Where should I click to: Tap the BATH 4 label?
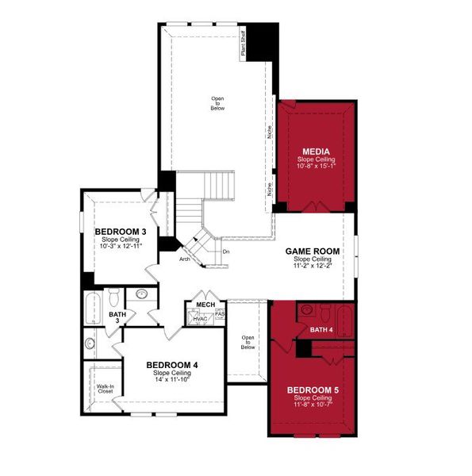321,329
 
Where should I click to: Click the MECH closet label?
205,304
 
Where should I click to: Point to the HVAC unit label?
200,319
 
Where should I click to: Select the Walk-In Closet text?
106,390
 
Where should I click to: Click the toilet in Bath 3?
113,297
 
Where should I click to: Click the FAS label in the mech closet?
220,314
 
